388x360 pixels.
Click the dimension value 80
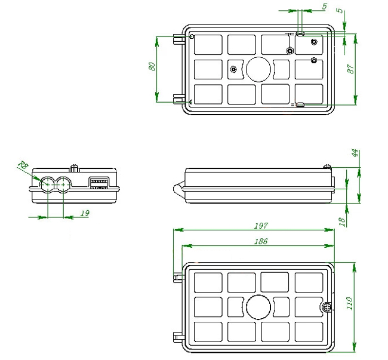click(x=152, y=67)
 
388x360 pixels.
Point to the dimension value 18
click(x=342, y=220)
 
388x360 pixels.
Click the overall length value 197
click(x=260, y=226)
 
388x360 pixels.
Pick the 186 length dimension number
click(x=260, y=241)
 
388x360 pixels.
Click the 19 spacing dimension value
click(x=84, y=213)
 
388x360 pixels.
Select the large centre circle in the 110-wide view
click(x=258, y=307)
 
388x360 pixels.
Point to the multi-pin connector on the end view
click(x=98, y=183)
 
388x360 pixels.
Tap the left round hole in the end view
click(x=47, y=184)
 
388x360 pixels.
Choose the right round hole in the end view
click(x=63, y=184)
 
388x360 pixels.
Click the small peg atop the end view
click(x=75, y=168)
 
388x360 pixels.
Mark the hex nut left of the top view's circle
click(x=233, y=69)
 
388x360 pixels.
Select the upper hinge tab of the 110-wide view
click(x=178, y=278)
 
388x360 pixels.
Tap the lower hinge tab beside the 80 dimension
click(x=177, y=98)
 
